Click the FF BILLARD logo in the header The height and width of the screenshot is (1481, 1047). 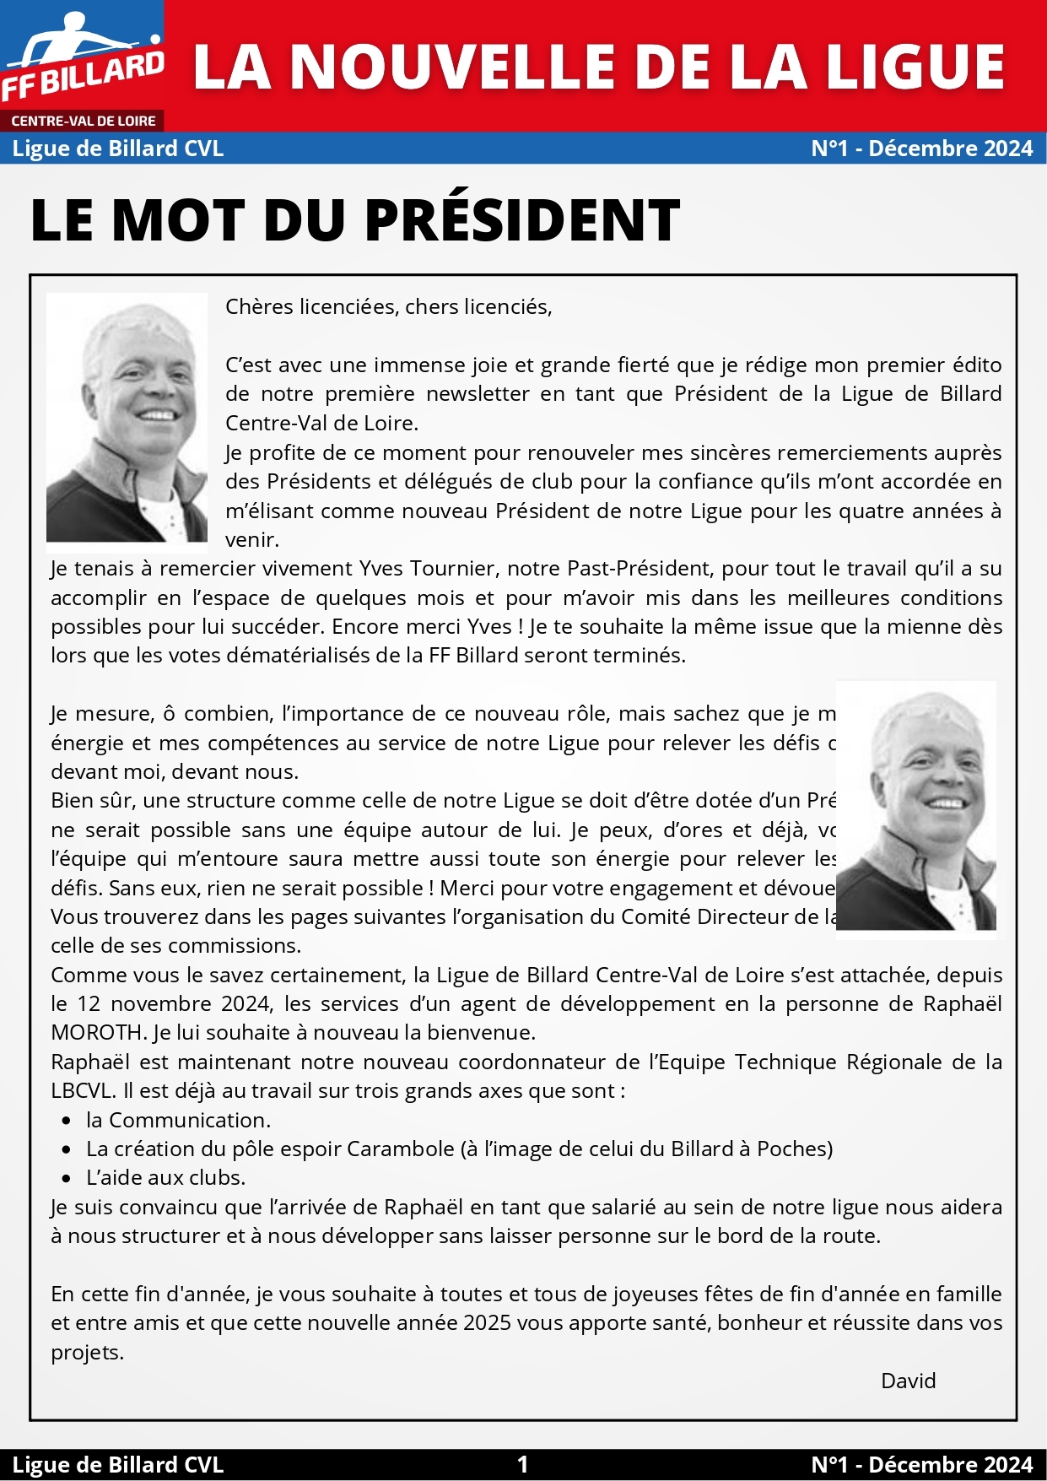[83, 59]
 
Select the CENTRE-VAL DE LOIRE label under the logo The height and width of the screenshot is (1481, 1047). [83, 121]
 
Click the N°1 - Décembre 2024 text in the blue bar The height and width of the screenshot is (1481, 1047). [921, 149]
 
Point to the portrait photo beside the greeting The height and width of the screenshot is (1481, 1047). [127, 417]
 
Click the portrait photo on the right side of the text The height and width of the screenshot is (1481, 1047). [916, 806]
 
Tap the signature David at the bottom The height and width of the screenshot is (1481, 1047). [908, 1381]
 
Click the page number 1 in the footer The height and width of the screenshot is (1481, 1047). [523, 1464]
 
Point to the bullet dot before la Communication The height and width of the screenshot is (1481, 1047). [67, 1121]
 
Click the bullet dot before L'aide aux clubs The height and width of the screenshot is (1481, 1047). [67, 1178]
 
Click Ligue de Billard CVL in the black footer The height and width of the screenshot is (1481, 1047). [118, 1464]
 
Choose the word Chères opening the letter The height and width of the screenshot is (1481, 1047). [258, 306]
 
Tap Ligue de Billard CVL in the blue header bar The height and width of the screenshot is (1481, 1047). [118, 149]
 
